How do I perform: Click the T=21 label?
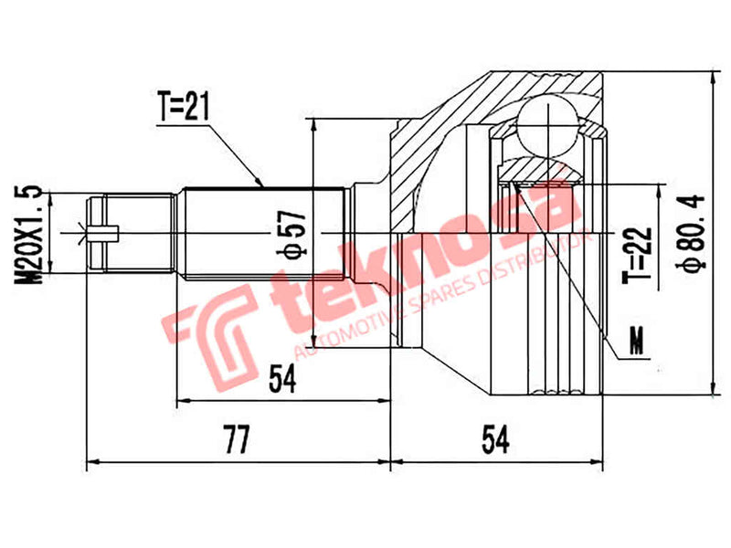tap(183, 107)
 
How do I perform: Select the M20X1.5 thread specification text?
tap(29, 232)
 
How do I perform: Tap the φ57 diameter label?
tap(291, 236)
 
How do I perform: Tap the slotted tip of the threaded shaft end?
tap(102, 233)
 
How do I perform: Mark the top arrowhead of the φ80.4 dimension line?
tap(710, 78)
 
